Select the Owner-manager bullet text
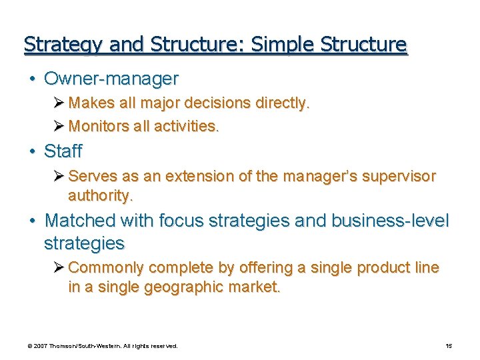[111, 79]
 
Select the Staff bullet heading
[63, 151]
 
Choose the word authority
[100, 196]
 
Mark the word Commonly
[106, 267]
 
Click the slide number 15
[449, 346]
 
